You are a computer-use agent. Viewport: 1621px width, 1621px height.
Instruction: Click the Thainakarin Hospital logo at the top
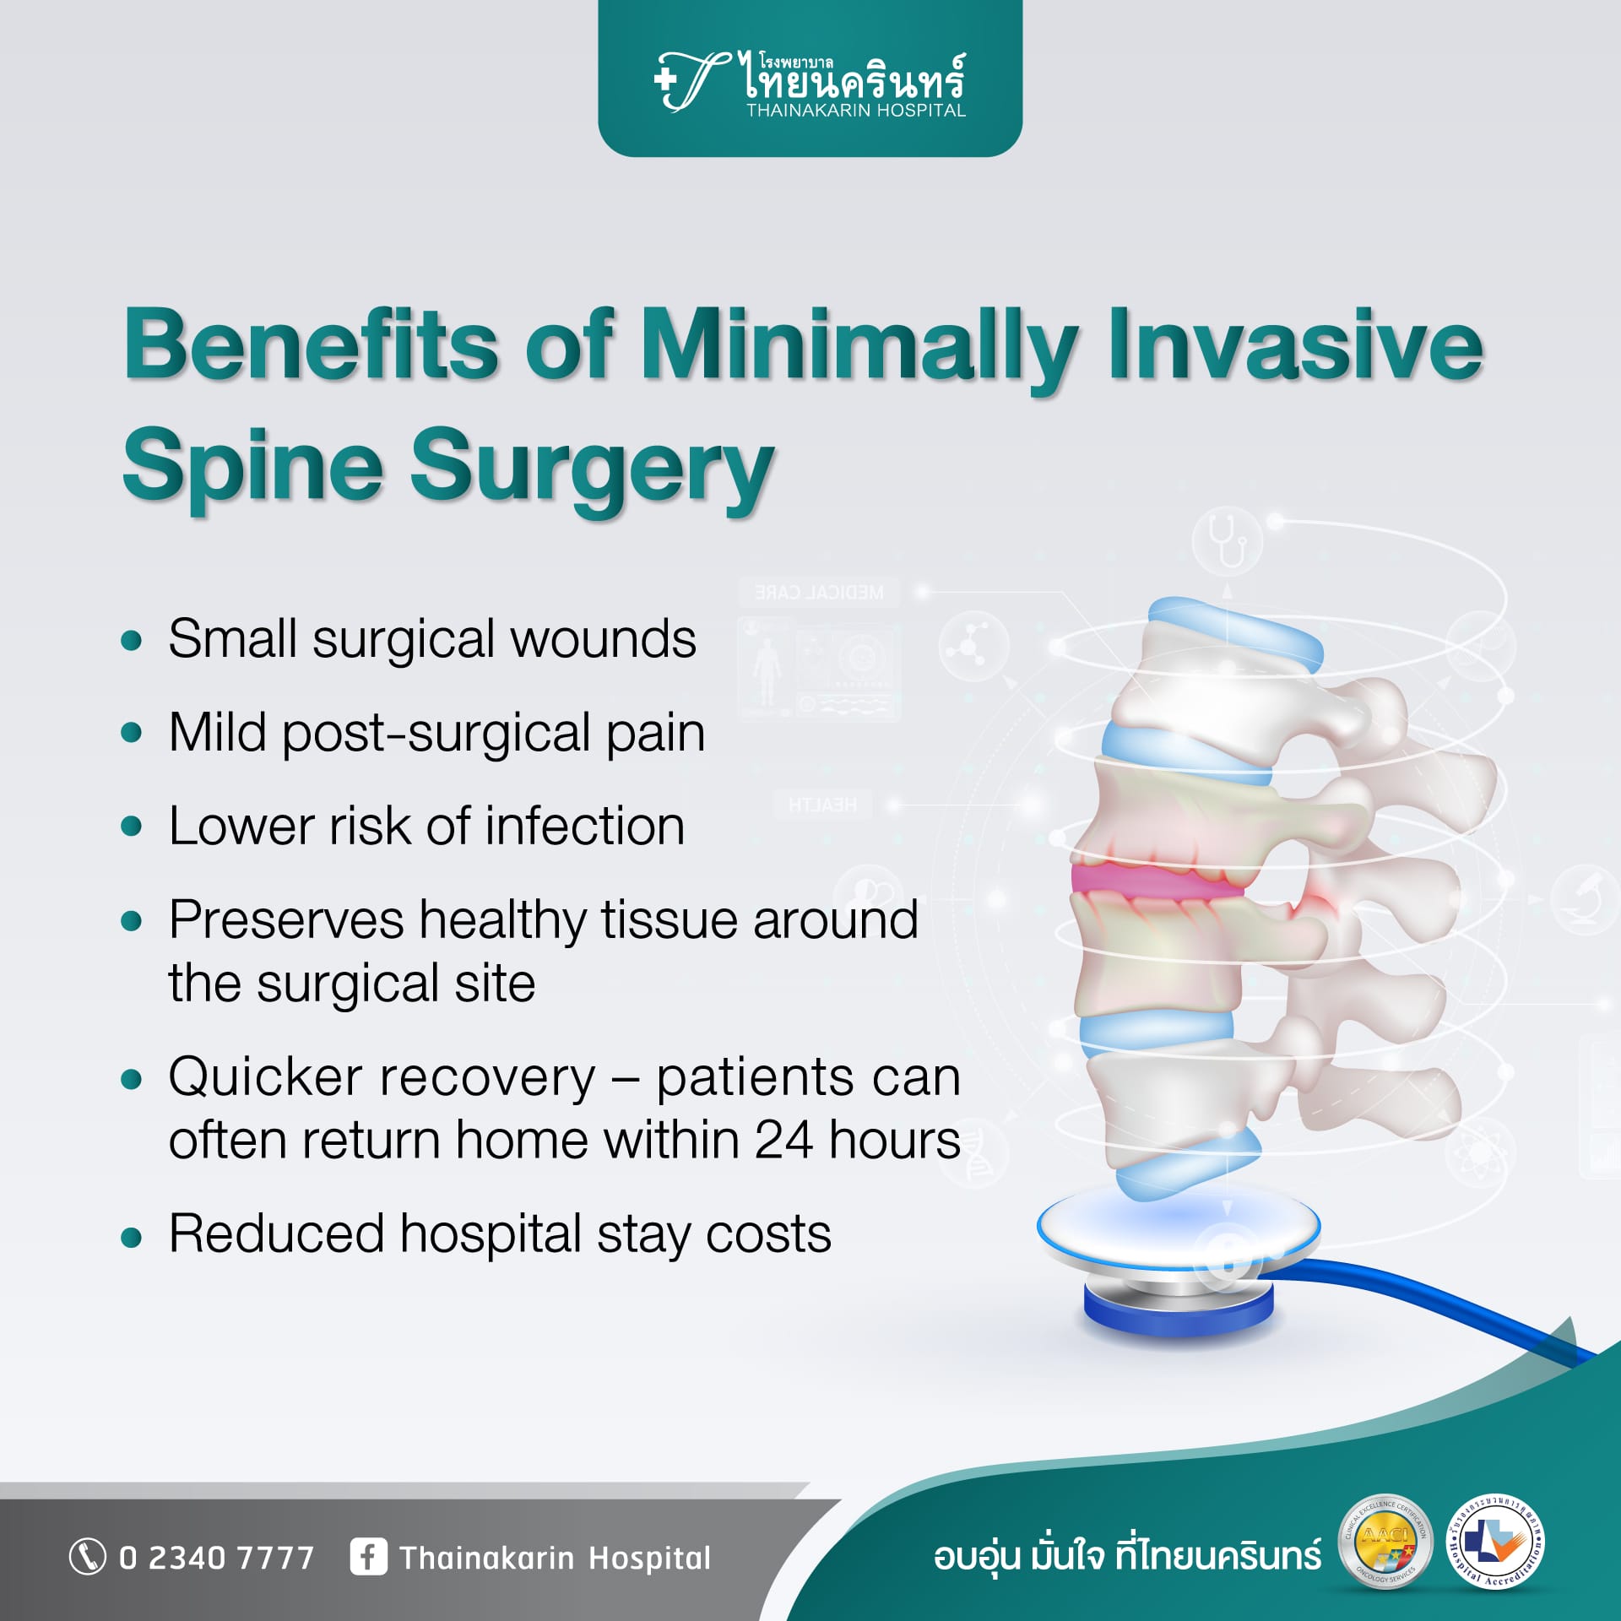pyautogui.click(x=810, y=83)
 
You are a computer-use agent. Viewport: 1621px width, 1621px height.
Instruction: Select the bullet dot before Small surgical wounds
pyautogui.click(x=131, y=640)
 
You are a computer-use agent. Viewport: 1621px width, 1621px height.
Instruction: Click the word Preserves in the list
pyautogui.click(x=286, y=919)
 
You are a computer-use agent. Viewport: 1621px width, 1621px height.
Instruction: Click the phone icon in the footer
pyautogui.click(x=87, y=1557)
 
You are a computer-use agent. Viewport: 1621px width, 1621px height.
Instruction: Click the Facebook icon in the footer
pyautogui.click(x=368, y=1557)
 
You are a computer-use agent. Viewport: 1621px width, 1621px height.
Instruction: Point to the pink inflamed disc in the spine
pyautogui.click(x=1157, y=879)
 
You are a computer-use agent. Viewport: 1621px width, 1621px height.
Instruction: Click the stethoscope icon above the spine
pyautogui.click(x=1227, y=540)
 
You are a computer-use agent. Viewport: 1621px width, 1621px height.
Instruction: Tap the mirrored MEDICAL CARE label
pyautogui.click(x=819, y=593)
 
